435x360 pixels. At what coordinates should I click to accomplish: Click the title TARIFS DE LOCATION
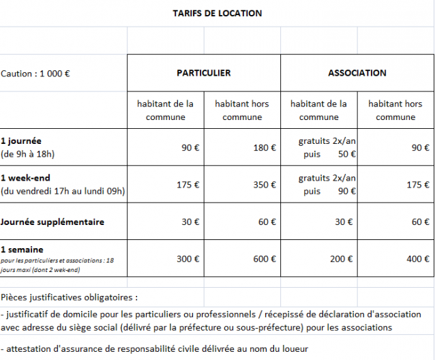217,13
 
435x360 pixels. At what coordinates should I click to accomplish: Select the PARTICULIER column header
203,73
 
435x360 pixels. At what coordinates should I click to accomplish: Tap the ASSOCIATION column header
357,73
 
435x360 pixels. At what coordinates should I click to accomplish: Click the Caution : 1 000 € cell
35,74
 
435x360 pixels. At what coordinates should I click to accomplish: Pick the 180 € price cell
264,147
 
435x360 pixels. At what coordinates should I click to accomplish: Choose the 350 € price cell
264,185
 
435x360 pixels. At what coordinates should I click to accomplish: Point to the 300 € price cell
187,259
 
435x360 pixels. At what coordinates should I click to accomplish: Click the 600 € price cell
264,259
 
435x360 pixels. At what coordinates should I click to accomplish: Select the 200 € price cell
344,259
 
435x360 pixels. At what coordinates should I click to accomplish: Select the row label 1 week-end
26,178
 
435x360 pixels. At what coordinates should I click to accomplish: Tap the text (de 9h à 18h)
28,153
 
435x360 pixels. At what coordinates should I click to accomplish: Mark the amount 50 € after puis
348,154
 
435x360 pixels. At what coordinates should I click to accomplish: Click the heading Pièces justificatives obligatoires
69,297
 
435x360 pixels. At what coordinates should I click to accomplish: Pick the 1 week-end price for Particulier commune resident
187,185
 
